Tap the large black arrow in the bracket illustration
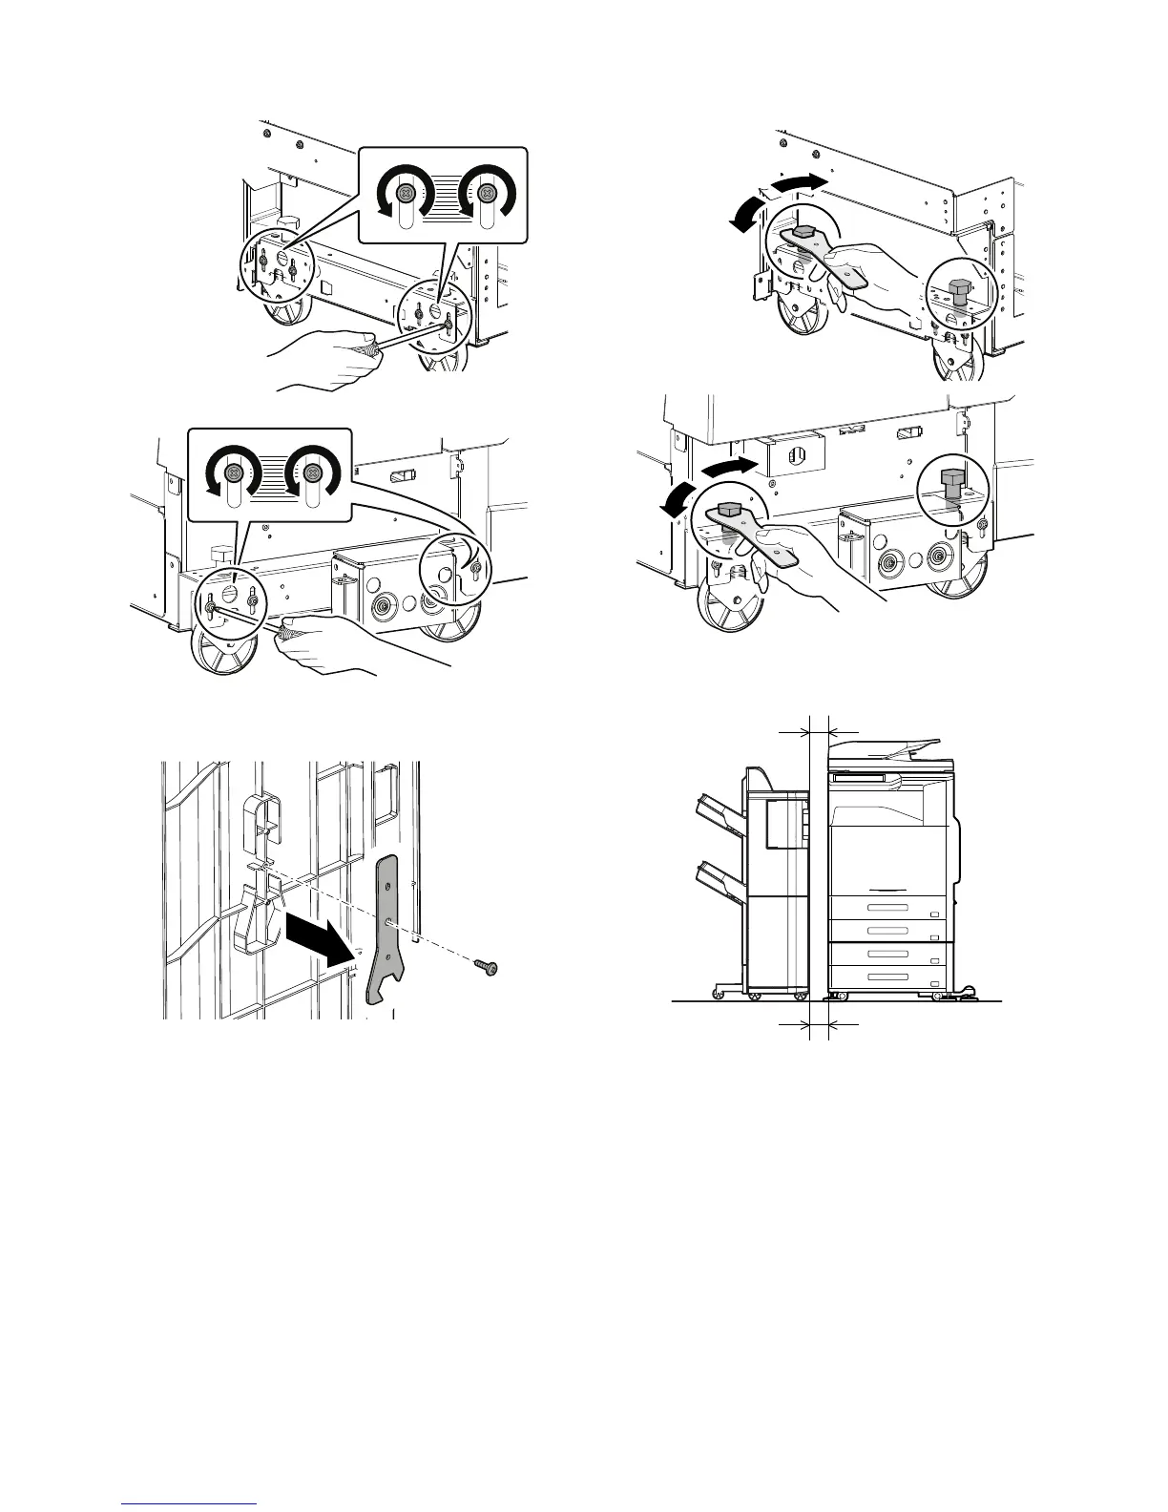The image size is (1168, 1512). [318, 941]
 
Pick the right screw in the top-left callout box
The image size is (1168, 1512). [487, 194]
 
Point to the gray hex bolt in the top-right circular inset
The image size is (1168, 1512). [958, 290]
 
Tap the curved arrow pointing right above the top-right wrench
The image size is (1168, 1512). [798, 182]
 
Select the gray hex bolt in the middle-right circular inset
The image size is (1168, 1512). [950, 479]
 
